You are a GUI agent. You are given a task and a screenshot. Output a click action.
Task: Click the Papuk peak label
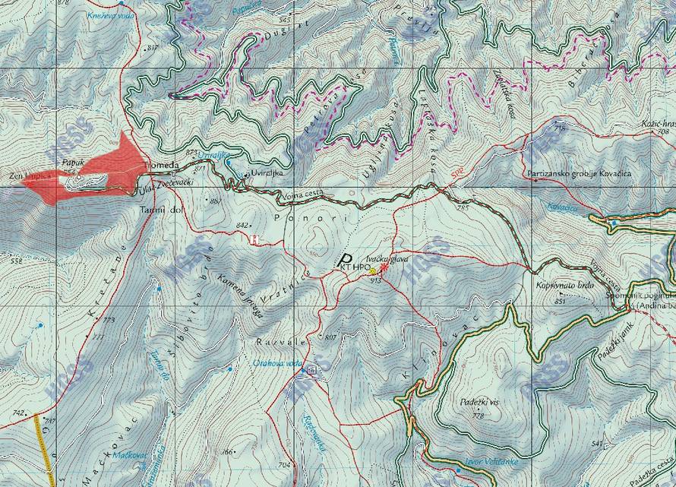tap(72, 162)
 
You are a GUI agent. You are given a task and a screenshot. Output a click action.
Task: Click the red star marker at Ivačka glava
tap(382, 267)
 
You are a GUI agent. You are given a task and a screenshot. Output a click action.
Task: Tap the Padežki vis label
tap(478, 402)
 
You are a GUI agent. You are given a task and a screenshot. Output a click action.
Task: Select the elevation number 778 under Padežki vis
tap(477, 416)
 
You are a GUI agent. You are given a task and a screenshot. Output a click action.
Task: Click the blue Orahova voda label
tap(278, 363)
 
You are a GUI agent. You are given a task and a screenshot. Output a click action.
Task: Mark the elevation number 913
tap(375, 280)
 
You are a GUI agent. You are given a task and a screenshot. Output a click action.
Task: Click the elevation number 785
tap(463, 207)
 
